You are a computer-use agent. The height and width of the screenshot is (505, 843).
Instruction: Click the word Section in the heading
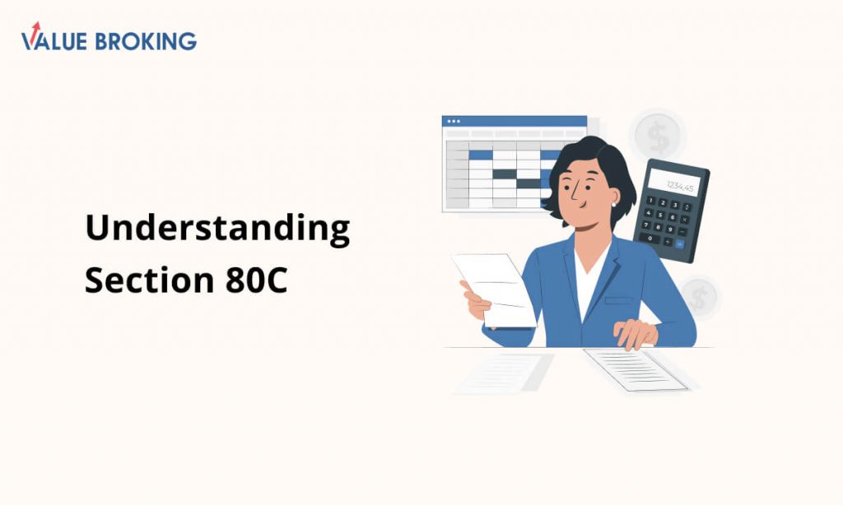tap(150, 280)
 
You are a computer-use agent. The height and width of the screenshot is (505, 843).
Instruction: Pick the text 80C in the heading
tap(257, 280)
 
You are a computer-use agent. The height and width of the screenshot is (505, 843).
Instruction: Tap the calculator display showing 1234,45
tap(674, 183)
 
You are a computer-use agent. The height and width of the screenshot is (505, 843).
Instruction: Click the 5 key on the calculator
tap(660, 215)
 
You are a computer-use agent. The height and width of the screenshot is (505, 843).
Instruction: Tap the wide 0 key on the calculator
tap(650, 238)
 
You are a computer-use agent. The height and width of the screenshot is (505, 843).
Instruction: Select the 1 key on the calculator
tap(651, 201)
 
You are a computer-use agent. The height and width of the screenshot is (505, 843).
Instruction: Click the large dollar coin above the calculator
tap(658, 136)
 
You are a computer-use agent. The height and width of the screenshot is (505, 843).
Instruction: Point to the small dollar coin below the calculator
tap(699, 297)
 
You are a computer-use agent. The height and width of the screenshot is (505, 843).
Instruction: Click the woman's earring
tap(613, 204)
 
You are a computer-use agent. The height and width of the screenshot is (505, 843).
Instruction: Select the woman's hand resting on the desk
tap(636, 334)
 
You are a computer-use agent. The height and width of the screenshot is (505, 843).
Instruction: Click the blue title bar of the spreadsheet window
tap(515, 121)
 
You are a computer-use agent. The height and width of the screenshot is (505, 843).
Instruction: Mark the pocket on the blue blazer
tap(618, 301)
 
